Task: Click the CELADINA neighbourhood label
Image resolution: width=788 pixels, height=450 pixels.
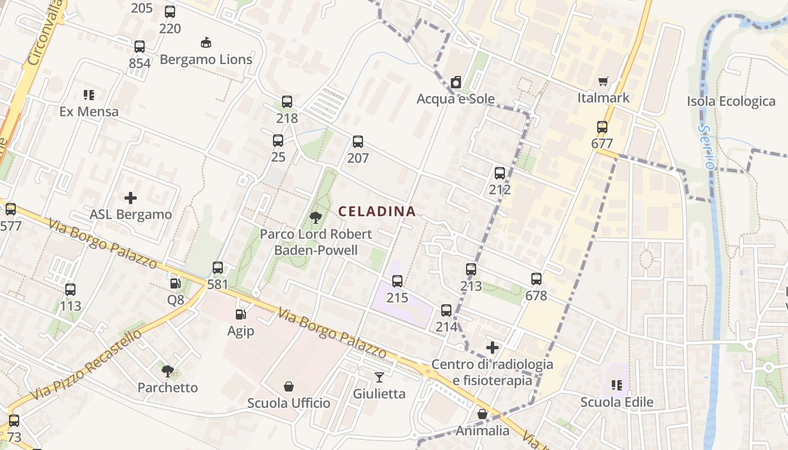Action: point(377,211)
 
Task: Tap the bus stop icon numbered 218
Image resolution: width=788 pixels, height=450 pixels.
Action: point(287,102)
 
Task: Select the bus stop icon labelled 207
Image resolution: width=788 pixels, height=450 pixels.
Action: point(358,142)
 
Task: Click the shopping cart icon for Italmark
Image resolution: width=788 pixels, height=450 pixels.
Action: point(603,82)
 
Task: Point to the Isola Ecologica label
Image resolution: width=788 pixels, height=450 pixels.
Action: point(731,101)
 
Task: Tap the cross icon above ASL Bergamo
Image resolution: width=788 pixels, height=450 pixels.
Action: point(131,198)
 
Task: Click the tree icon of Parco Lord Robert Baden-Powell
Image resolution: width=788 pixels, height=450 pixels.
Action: point(315,217)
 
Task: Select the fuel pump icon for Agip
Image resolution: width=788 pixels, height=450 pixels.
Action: point(241,314)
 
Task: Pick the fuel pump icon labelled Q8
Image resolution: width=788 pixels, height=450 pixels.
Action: point(176,283)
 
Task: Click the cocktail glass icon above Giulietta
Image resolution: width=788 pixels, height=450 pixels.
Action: point(379,377)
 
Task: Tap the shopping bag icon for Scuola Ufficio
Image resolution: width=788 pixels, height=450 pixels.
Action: point(289,386)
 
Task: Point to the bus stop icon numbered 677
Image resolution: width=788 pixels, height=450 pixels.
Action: point(602,127)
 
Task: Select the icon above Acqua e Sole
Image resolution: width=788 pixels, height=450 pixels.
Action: point(456,82)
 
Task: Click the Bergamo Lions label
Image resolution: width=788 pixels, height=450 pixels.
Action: point(206,59)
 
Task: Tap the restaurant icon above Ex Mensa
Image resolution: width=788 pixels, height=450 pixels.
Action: point(89,94)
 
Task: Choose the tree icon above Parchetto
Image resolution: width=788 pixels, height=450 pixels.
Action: point(167,371)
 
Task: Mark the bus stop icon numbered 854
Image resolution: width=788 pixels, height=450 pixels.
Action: point(140,47)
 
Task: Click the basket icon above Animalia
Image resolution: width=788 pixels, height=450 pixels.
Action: point(482,414)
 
